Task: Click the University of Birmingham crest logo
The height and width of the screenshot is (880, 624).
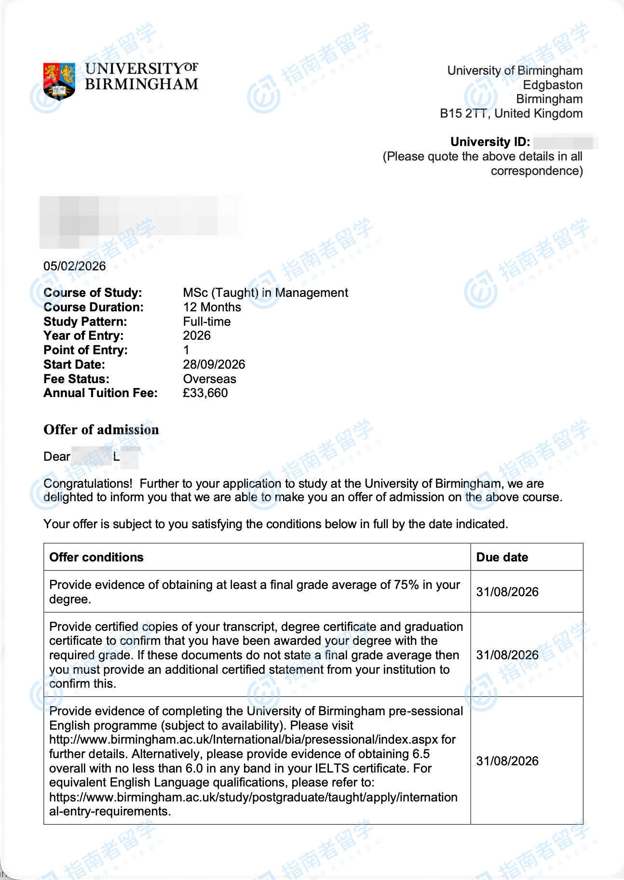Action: (x=59, y=81)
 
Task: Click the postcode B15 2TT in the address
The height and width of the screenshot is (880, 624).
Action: (x=463, y=114)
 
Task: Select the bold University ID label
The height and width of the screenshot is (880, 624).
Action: (x=490, y=142)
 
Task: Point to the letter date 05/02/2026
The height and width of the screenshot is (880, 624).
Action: (x=75, y=266)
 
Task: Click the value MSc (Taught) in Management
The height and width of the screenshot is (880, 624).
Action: (x=265, y=293)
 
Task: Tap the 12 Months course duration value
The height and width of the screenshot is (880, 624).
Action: (x=212, y=307)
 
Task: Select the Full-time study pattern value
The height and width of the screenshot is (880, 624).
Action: (x=206, y=321)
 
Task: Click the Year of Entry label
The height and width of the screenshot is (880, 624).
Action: (x=83, y=336)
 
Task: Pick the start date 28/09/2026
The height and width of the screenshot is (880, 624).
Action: (x=214, y=364)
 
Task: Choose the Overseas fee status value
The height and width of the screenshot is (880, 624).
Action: (x=209, y=379)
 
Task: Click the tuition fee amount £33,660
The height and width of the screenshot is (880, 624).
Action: (x=205, y=393)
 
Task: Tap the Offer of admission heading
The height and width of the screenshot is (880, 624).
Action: (x=101, y=430)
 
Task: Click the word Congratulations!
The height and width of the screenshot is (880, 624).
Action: (x=88, y=484)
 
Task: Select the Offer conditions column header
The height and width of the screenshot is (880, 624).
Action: (x=96, y=558)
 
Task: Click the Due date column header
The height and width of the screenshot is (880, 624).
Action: (x=502, y=558)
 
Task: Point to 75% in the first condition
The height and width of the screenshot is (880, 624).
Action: (x=406, y=585)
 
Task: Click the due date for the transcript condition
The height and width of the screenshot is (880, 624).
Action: (x=507, y=655)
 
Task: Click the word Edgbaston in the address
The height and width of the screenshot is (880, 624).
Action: (x=553, y=85)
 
